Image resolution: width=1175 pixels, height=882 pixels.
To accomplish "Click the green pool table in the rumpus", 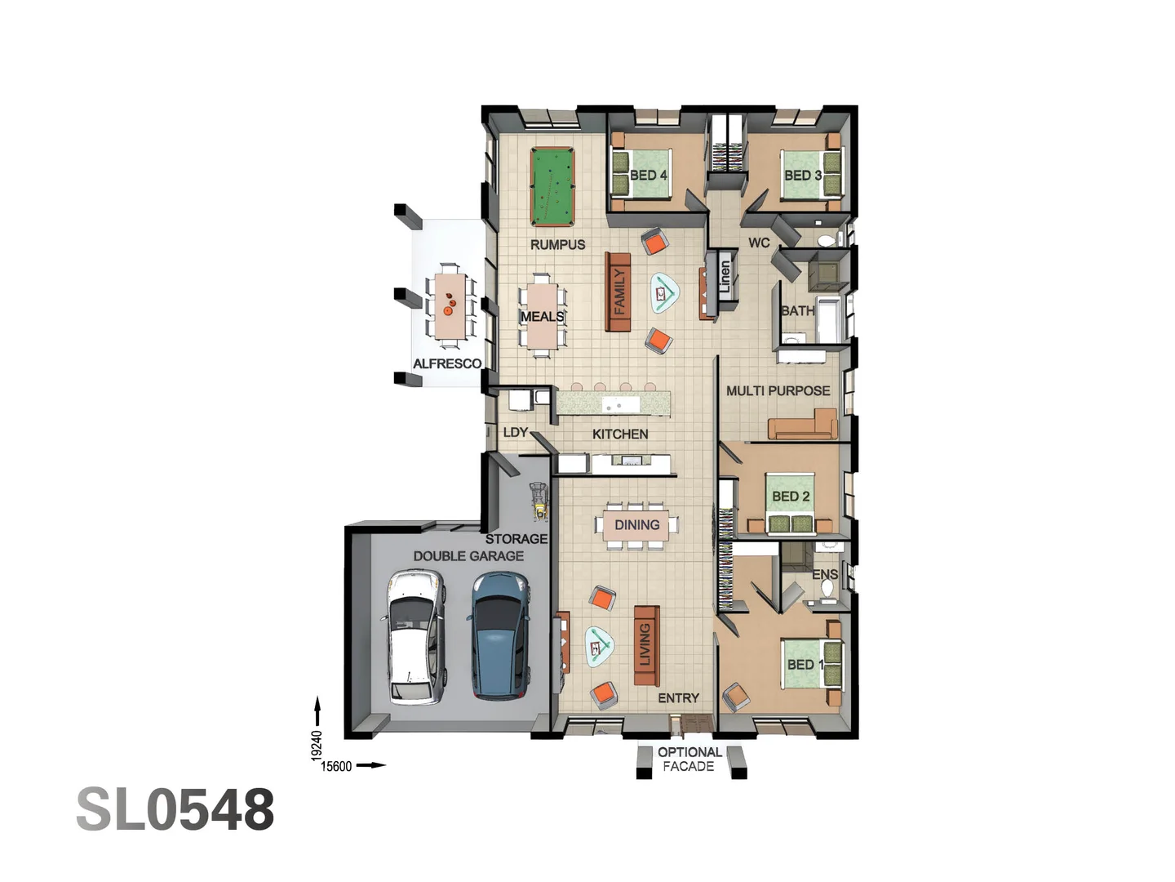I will [552, 186].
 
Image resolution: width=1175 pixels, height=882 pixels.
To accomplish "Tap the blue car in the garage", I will [499, 636].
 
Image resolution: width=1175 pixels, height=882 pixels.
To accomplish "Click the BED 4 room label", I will [648, 175].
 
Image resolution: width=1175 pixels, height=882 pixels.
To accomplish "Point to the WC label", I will [759, 243].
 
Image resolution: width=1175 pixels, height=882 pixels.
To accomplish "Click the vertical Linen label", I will [725, 277].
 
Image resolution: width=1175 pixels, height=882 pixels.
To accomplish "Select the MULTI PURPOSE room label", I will [778, 390].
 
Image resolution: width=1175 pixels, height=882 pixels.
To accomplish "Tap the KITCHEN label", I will [620, 434].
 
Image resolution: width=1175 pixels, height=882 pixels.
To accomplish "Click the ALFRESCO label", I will [446, 363].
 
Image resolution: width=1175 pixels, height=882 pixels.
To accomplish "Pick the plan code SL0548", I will [175, 810].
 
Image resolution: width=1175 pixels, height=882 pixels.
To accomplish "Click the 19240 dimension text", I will [317, 746].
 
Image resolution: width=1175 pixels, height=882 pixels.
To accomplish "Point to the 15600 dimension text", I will [336, 766].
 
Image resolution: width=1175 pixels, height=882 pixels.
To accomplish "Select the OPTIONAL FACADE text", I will [689, 759].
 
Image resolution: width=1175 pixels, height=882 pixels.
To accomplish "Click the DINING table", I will [636, 525].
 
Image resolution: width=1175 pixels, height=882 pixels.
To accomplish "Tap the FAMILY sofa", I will [619, 292].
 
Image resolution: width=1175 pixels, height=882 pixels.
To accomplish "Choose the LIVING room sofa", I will [646, 645].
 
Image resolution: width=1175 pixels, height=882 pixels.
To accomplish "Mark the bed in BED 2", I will [791, 501].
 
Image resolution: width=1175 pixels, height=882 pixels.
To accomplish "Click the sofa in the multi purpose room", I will [803, 426].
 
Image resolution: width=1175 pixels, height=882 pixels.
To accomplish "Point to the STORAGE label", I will [516, 539].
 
